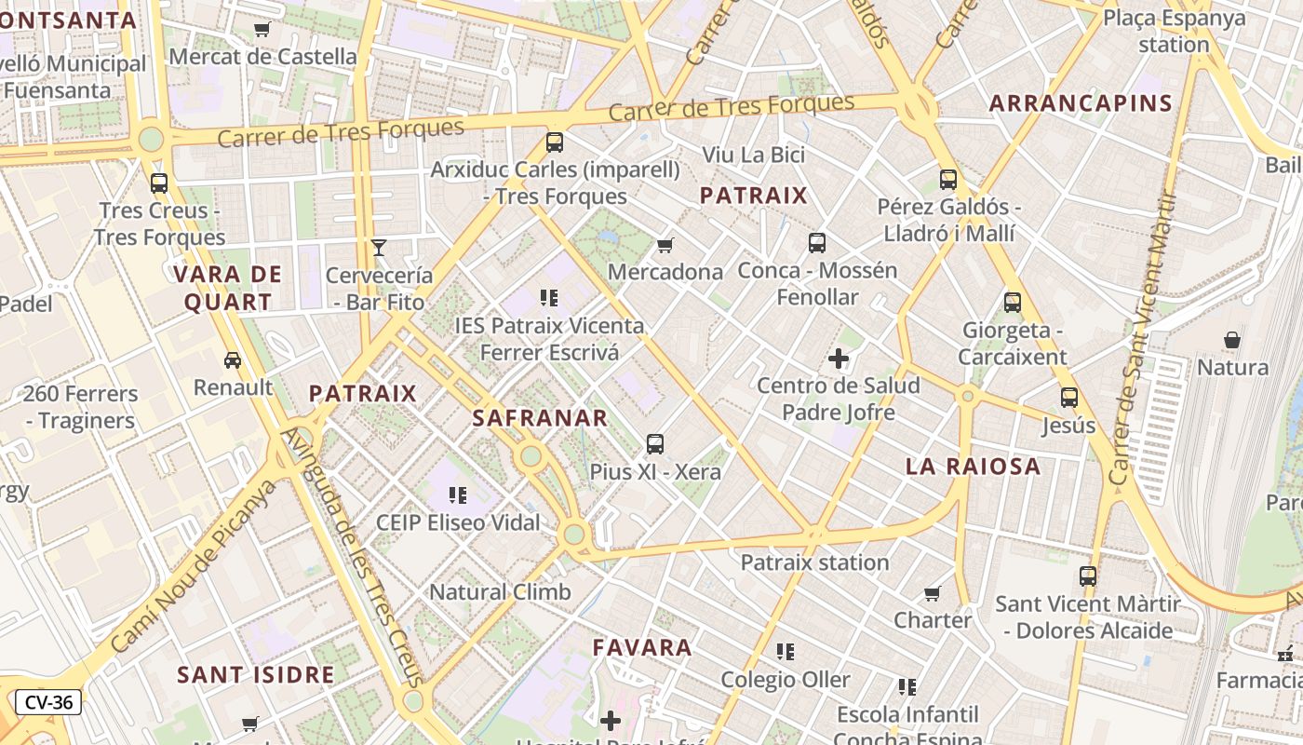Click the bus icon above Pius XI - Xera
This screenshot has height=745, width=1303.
tap(655, 443)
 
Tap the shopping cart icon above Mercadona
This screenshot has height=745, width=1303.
tap(665, 245)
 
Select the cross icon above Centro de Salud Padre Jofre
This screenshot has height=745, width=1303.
tap(839, 358)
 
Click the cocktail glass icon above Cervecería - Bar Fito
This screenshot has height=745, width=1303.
tap(379, 247)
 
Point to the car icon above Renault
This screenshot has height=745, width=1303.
tap(233, 359)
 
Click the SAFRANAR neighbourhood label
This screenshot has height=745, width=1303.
tap(540, 418)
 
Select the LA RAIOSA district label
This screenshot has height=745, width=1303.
tap(974, 467)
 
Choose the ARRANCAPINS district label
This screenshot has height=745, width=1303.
tap(1081, 102)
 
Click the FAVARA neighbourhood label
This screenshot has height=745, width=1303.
tap(643, 647)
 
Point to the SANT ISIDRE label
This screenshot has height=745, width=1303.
tap(256, 674)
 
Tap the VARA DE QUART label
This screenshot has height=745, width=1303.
tap(228, 288)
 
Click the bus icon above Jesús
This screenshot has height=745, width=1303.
tap(1068, 398)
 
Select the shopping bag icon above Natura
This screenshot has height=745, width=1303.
tap(1232, 340)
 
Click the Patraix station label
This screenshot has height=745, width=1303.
tap(814, 562)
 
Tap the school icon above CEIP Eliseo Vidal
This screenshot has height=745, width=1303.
tap(457, 494)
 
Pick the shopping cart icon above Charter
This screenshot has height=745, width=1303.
tap(933, 593)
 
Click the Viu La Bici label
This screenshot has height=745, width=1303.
tap(754, 154)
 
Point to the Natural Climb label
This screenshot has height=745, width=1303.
tap(500, 591)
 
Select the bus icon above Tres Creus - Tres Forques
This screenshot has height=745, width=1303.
tap(159, 183)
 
